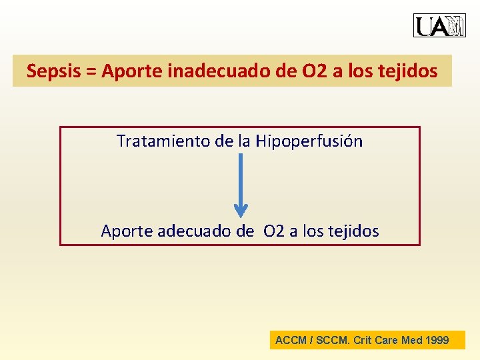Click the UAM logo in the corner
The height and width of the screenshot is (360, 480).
[439, 25]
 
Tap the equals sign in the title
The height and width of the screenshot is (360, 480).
[92, 71]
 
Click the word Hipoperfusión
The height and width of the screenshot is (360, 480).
[309, 141]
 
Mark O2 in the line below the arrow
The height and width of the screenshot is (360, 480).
[273, 231]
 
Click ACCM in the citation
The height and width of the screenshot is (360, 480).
[291, 340]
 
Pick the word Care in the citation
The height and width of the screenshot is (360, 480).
[386, 340]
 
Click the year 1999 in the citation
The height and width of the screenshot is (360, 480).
[436, 340]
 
